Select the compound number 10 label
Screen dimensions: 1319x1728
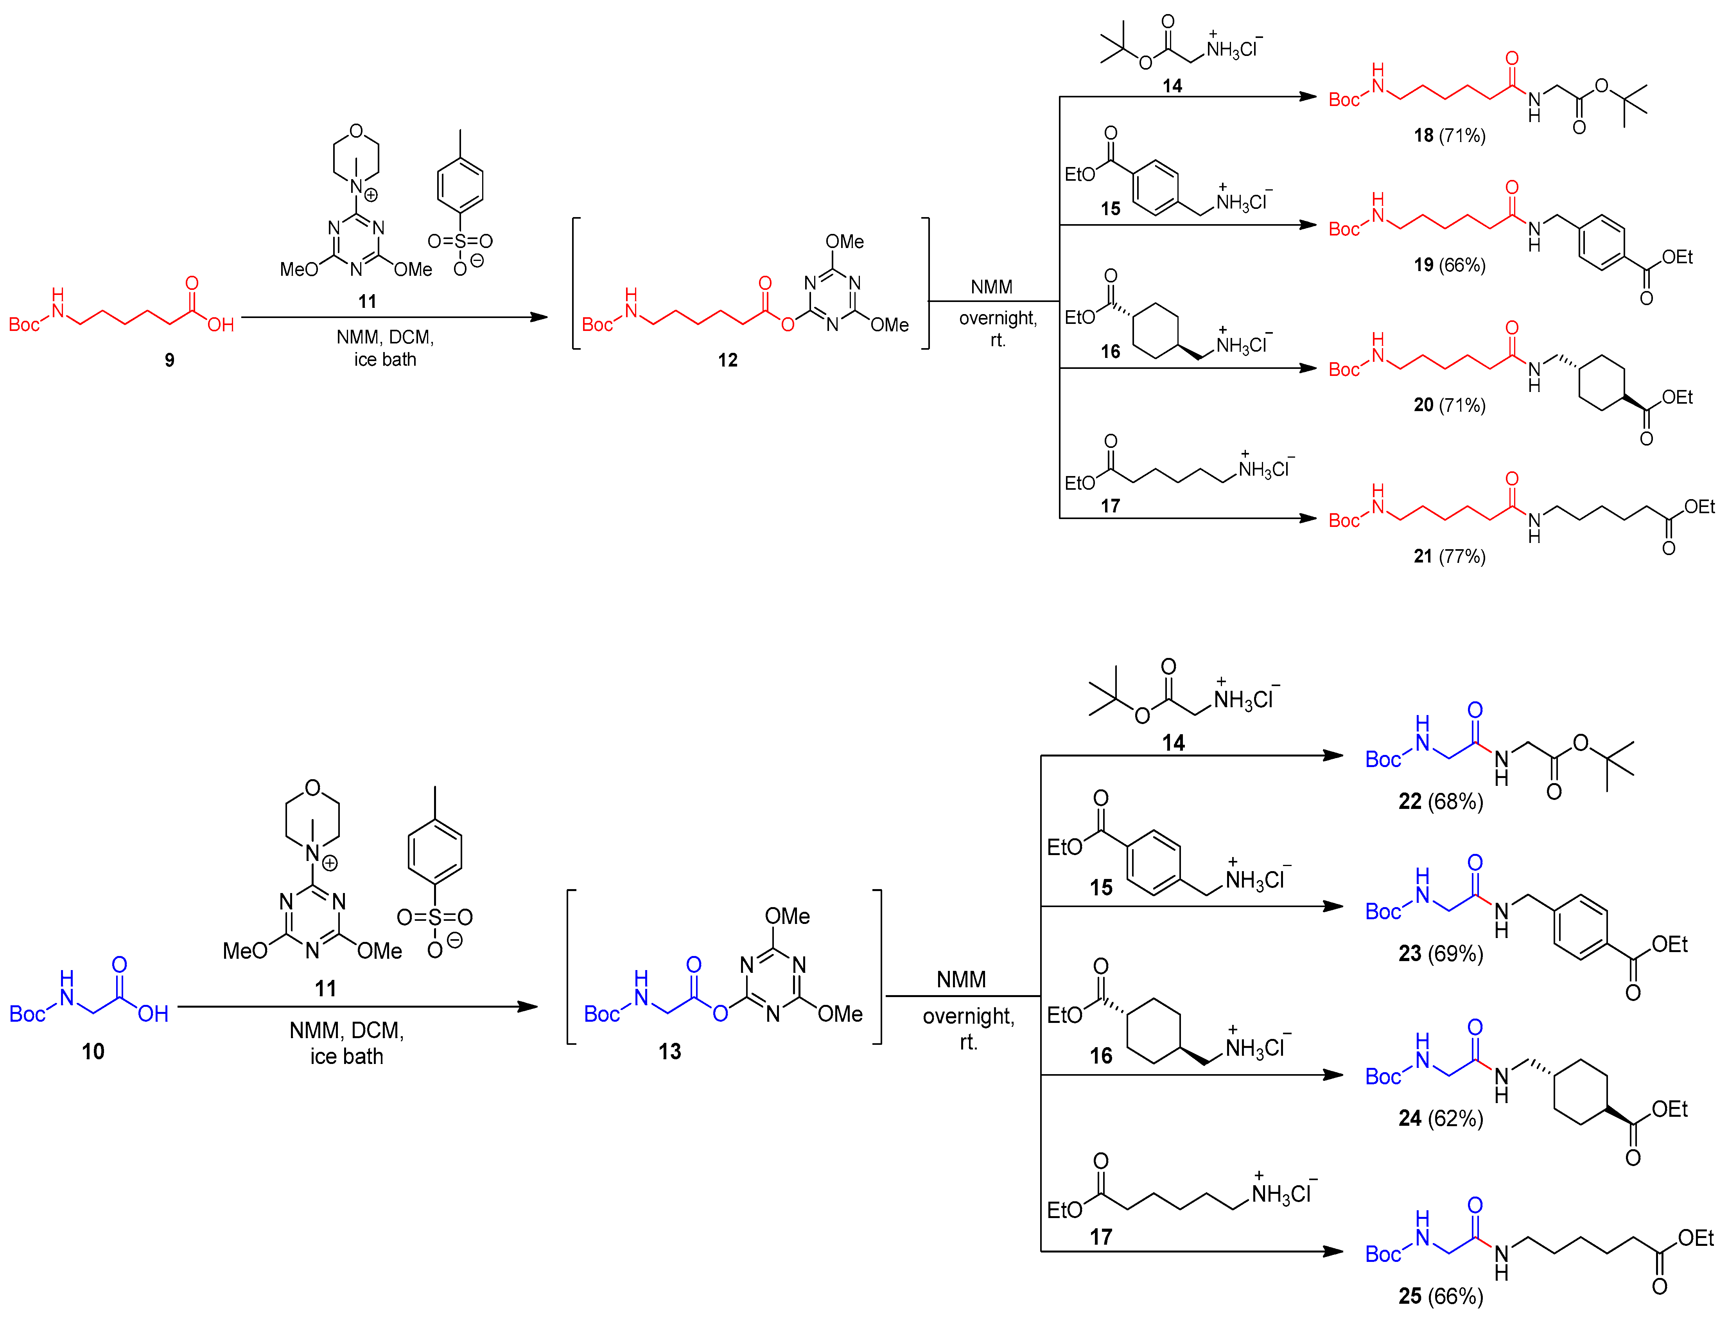pyautogui.click(x=93, y=1051)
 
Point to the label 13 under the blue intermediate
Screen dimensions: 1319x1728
pyautogui.click(x=669, y=1051)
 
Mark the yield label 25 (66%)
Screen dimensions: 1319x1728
pyautogui.click(x=1440, y=1296)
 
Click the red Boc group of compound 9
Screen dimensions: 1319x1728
pyautogui.click(x=23, y=324)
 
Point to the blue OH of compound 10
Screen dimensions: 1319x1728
pyautogui.click(x=153, y=1014)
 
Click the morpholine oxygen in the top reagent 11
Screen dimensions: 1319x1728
pyautogui.click(x=356, y=131)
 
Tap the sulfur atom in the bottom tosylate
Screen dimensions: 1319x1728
pyautogui.click(x=435, y=917)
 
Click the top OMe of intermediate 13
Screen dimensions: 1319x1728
pyautogui.click(x=787, y=915)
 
